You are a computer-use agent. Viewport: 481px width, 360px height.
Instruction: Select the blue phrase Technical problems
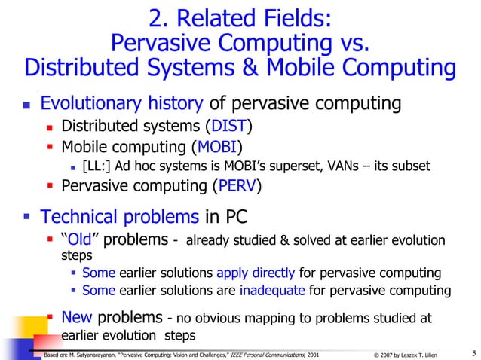[121, 218]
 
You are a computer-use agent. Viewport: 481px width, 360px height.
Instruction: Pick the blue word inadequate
[272, 291]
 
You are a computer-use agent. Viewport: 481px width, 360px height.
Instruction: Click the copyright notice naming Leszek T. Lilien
[413, 352]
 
